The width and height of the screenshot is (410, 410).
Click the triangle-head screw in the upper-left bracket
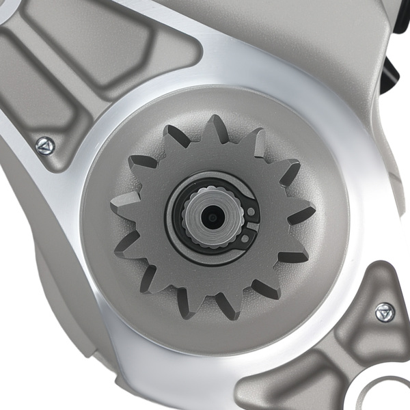click(x=44, y=144)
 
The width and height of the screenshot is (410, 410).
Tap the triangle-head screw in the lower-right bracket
click(x=385, y=313)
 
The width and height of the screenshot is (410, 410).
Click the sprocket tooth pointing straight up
click(x=217, y=128)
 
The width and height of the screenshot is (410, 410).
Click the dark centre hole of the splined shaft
click(x=213, y=217)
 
